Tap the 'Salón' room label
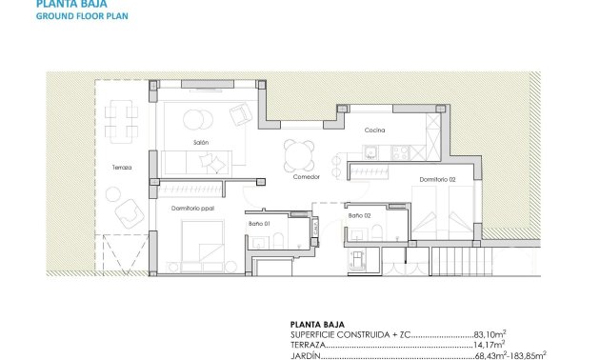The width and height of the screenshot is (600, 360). pyautogui.click(x=201, y=142)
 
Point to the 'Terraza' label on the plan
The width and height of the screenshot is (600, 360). pyautogui.click(x=121, y=167)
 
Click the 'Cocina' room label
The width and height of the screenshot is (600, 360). pyautogui.click(x=374, y=130)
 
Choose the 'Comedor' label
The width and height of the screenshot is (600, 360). pyautogui.click(x=305, y=176)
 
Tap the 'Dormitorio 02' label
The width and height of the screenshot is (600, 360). pyautogui.click(x=436, y=178)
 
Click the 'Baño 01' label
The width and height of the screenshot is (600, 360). pyautogui.click(x=261, y=223)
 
